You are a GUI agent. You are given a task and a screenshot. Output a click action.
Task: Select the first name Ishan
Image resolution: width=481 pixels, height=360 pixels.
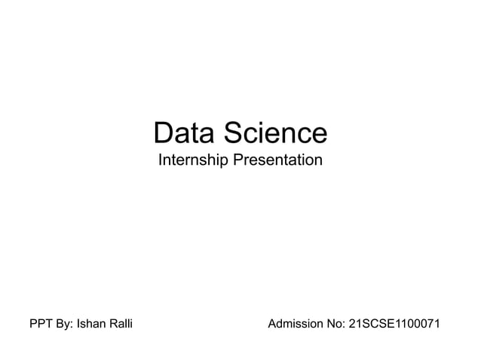[x=90, y=325]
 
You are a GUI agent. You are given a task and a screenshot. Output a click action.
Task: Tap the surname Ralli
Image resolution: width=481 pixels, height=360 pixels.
[x=121, y=325]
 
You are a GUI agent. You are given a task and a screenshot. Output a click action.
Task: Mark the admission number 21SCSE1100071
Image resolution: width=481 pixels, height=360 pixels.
[x=394, y=325]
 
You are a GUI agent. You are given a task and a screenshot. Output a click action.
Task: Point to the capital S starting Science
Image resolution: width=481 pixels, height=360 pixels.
[x=228, y=134]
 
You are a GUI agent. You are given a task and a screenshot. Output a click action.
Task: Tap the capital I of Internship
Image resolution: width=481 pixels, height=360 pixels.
[x=160, y=161]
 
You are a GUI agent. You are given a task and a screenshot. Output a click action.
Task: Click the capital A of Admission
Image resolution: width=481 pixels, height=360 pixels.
[x=273, y=325]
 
